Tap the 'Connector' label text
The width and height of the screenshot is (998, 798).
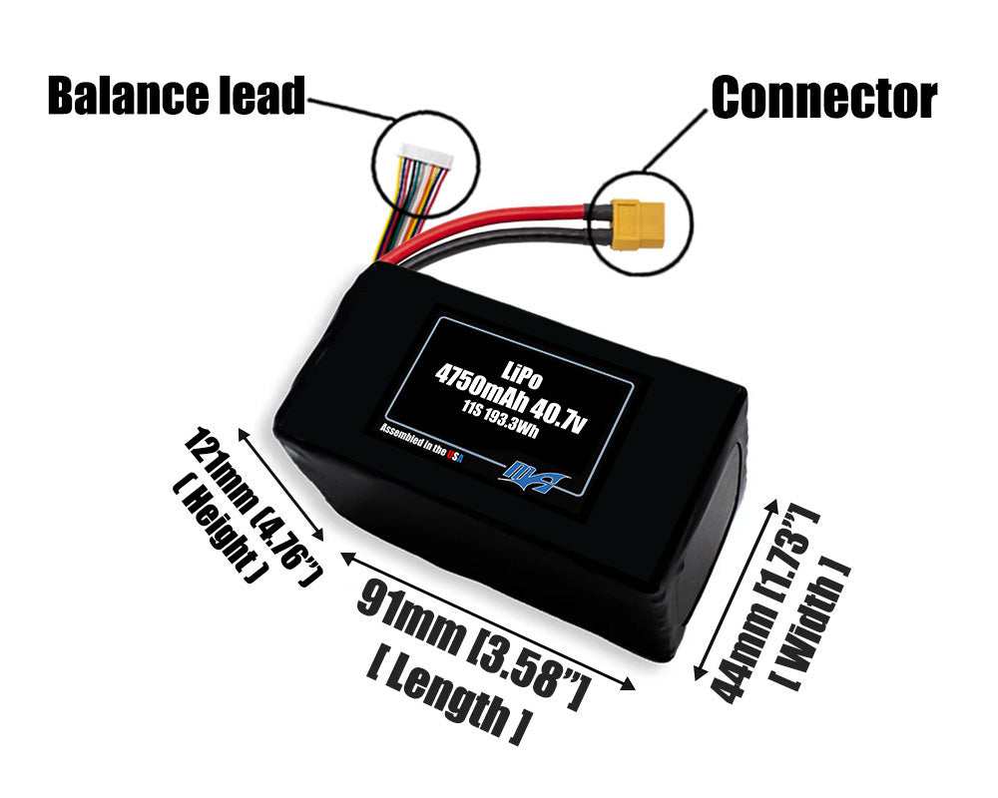(822, 98)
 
